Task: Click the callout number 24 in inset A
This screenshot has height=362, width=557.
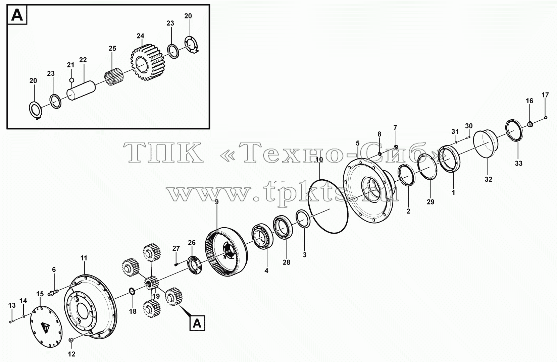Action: tap(141, 36)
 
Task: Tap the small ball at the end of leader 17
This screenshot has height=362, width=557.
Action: tap(546, 118)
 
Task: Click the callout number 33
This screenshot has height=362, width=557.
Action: tap(518, 164)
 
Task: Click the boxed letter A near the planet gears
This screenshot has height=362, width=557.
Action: tap(197, 323)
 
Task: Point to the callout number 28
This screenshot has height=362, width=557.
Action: tap(287, 262)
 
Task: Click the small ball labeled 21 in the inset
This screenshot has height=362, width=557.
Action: tap(71, 80)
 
